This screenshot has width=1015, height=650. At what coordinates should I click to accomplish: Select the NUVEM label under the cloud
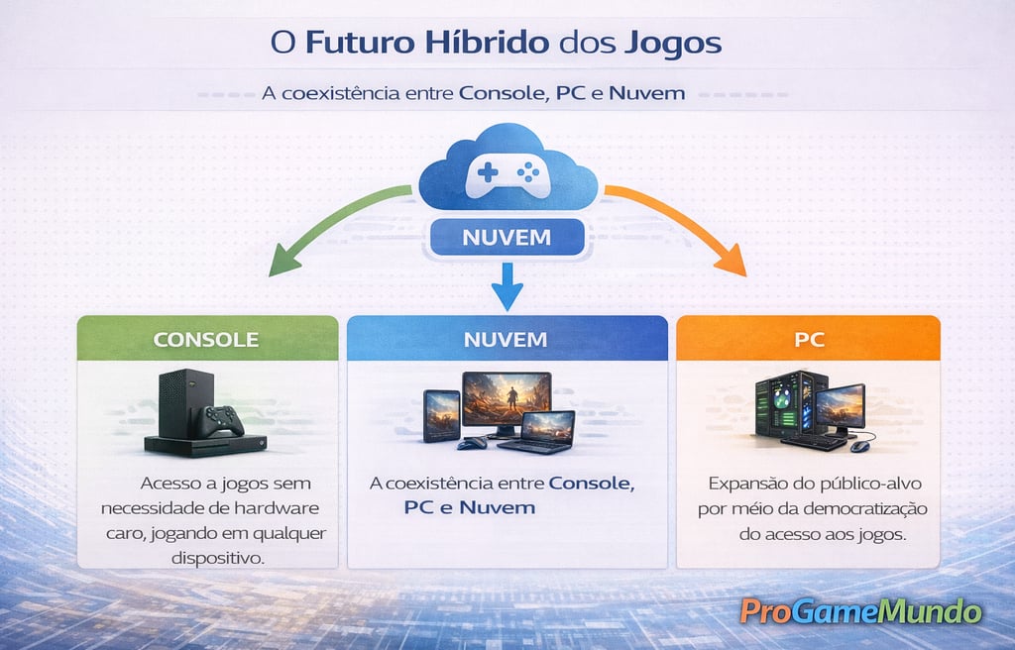click(507, 239)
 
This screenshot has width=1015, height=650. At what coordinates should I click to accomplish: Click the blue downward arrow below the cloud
click(507, 286)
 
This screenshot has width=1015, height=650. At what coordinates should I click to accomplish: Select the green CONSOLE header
click(206, 339)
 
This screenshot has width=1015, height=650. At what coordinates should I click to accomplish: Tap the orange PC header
click(808, 339)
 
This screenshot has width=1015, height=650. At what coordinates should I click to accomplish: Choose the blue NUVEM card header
click(506, 339)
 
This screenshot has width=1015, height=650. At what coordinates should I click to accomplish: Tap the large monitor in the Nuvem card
click(506, 399)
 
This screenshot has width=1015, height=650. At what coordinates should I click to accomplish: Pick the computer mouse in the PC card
click(859, 445)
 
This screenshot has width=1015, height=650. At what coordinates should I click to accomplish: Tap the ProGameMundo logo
click(860, 611)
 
